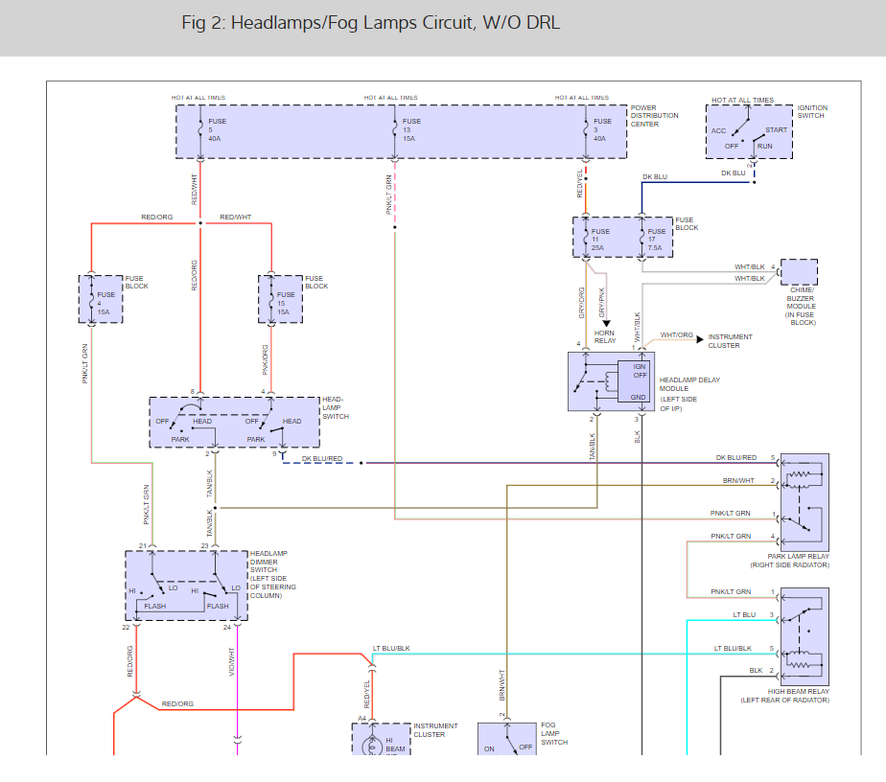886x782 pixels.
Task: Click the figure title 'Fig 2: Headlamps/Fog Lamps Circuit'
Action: [370, 23]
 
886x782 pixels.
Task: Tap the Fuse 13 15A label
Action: [411, 130]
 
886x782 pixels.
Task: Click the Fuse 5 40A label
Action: [216, 130]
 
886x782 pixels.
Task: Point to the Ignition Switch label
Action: [811, 112]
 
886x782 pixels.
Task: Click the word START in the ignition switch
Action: [776, 130]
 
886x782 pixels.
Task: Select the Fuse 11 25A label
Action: [600, 240]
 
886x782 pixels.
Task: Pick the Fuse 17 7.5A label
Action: [657, 240]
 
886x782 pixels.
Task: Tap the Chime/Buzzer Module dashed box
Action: [799, 272]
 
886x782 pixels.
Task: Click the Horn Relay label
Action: [605, 336]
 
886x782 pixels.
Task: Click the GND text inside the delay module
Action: [638, 396]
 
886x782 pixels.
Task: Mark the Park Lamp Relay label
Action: [798, 561]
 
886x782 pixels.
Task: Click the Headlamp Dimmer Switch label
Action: [272, 574]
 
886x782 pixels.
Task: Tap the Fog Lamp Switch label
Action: [554, 734]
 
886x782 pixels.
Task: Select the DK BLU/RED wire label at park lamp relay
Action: [735, 458]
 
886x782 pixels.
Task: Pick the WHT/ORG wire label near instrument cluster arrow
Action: [676, 335]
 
